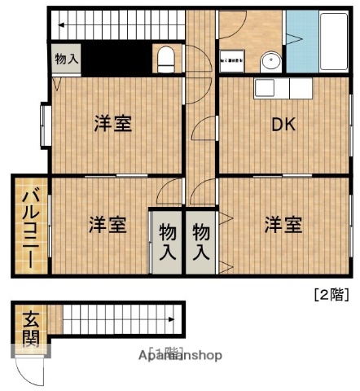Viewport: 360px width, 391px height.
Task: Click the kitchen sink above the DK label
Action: coord(267,87)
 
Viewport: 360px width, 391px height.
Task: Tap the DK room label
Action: coord(283,125)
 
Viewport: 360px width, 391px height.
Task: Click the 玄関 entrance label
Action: coord(30,329)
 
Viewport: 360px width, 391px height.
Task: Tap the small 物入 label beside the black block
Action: coord(67,59)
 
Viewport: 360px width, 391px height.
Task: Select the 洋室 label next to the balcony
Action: coord(107,224)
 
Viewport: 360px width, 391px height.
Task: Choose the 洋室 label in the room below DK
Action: coord(283,224)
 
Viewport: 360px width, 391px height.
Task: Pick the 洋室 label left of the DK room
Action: coord(112,124)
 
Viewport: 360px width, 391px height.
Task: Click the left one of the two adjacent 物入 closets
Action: coord(167,242)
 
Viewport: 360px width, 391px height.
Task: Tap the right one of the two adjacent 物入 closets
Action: coord(201,242)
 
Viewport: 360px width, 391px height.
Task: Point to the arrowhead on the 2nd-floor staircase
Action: coord(59,26)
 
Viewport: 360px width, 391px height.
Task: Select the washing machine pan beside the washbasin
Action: coord(232,59)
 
